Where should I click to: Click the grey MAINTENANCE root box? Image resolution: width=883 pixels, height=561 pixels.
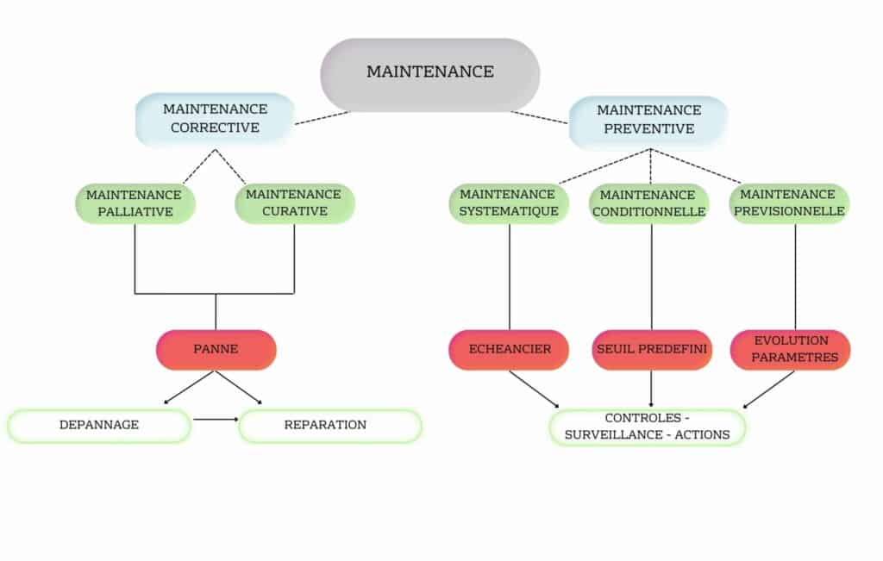point(430,72)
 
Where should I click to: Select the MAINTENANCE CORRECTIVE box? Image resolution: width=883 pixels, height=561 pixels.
point(215,119)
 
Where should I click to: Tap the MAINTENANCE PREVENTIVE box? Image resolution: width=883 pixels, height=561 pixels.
point(648,120)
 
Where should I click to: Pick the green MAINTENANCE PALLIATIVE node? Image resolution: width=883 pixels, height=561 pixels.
point(135,203)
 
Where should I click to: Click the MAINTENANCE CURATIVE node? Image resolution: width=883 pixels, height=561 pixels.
point(294,203)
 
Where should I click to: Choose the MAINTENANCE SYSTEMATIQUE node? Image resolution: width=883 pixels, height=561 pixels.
point(509,203)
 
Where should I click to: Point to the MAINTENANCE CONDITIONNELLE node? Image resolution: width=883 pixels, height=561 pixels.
point(650,203)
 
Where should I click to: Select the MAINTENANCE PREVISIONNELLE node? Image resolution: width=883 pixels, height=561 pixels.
point(788,203)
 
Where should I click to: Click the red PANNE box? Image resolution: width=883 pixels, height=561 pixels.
point(216,350)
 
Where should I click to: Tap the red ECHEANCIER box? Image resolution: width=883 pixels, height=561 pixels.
point(509,350)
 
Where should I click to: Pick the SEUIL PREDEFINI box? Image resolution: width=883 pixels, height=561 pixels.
point(652,350)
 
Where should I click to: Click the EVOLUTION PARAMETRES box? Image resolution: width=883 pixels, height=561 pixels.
point(790,349)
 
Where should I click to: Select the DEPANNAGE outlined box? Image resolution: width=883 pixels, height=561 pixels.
point(99,426)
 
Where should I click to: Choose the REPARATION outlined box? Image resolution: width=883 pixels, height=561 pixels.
point(329,426)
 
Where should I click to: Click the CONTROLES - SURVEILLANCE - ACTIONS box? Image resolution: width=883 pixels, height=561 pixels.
point(648,427)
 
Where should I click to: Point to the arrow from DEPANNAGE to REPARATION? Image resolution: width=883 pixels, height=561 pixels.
point(216,420)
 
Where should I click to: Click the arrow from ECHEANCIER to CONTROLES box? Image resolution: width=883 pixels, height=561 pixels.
point(534,389)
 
